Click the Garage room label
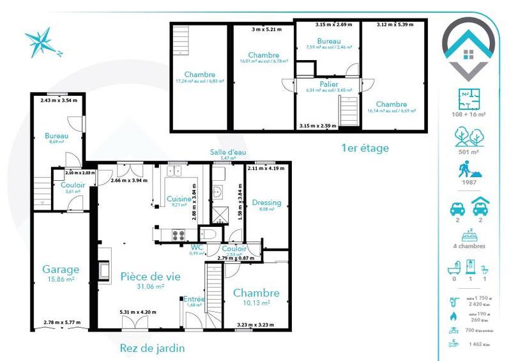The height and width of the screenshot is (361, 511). coord(61,269)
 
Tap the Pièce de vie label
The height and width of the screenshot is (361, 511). coord(150,277)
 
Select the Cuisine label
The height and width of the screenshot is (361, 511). coord(179,199)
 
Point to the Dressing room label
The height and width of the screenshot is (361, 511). coord(266,203)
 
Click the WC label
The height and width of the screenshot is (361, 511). coord(197,247)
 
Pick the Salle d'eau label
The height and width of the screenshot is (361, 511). coord(229,152)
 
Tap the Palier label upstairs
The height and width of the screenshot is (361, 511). coord(329,84)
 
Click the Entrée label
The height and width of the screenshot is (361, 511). coord(194,298)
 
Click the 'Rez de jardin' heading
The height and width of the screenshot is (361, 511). coord(153,348)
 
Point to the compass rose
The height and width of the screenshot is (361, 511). coord(42,43)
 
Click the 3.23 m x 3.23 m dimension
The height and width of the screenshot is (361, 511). coord(256,325)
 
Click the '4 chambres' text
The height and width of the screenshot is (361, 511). coord(469,246)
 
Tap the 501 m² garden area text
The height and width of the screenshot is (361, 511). coord(469,151)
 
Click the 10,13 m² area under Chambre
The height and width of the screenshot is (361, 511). coord(256,303)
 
